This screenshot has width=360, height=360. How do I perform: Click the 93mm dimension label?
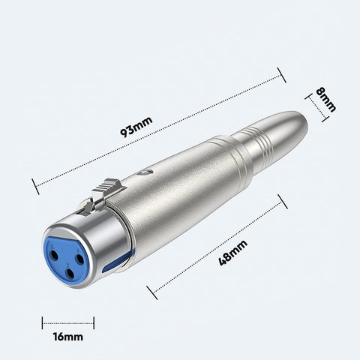pos(136,127)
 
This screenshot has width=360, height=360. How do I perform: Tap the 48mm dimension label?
pos(233,253)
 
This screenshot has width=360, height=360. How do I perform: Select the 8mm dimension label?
pos(326,100)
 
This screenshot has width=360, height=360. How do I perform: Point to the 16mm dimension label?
pos(68,337)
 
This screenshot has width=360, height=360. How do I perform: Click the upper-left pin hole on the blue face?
pos(55,255)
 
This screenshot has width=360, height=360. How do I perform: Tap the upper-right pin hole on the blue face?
pos(80,259)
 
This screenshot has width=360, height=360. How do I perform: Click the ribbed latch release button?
pos(109,189)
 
